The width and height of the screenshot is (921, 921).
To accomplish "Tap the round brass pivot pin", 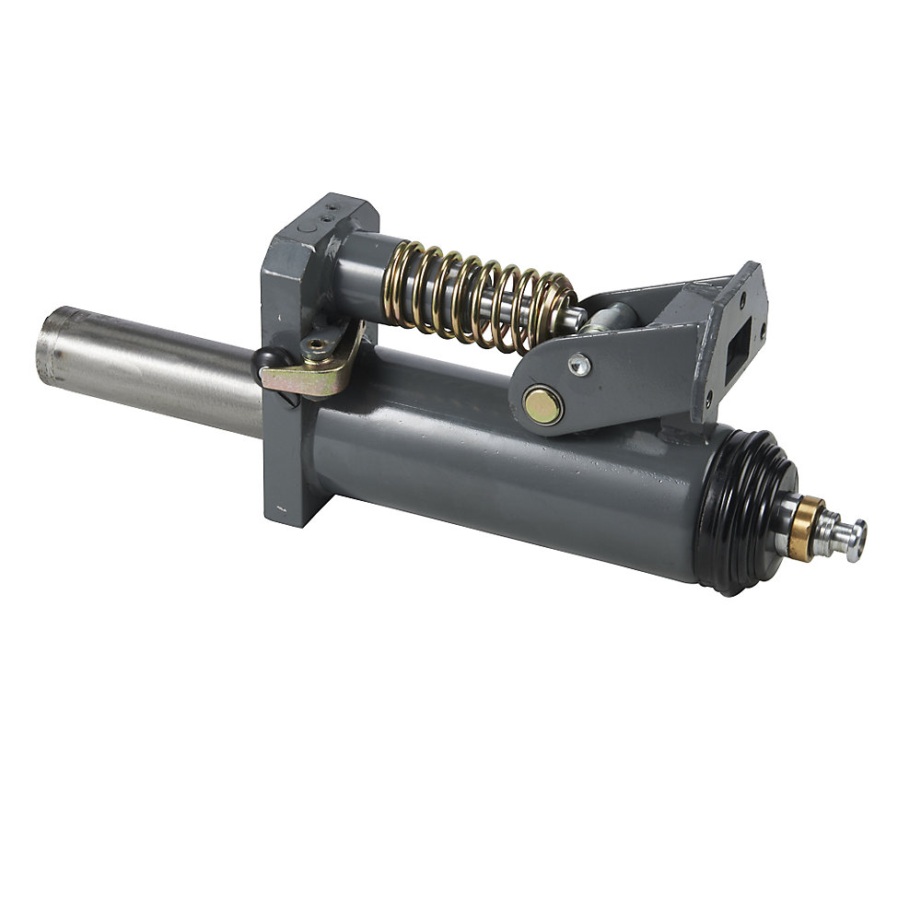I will (x=542, y=405).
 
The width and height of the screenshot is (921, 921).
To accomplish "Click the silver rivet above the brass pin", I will (x=579, y=364).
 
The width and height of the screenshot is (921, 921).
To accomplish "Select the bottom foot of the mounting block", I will (x=295, y=507).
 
